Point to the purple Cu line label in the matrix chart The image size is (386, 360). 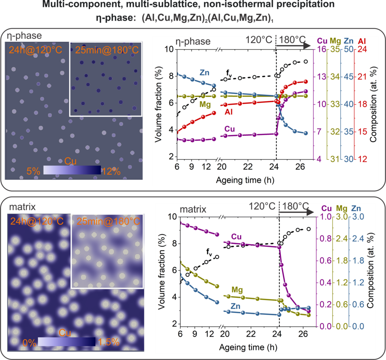[x=236, y=237]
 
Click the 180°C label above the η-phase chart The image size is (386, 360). [x=292, y=40]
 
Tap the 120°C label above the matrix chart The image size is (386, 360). [x=263, y=207]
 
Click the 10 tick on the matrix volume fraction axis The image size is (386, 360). [x=172, y=216]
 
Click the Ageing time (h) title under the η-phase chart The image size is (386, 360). [x=239, y=180]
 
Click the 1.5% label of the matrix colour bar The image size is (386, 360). [x=109, y=342]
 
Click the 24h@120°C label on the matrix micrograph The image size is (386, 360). [x=38, y=221]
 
